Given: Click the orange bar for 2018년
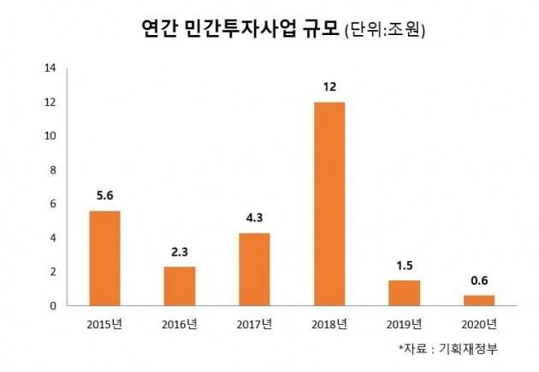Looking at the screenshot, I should pyautogui.click(x=329, y=204).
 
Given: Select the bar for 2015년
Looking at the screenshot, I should pyautogui.click(x=105, y=257).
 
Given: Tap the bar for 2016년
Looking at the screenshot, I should pyautogui.click(x=180, y=286).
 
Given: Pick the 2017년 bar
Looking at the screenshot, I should pyautogui.click(x=254, y=269).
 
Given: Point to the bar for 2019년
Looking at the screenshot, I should pyautogui.click(x=404, y=292).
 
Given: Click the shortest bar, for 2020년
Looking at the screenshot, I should pyautogui.click(x=478, y=300).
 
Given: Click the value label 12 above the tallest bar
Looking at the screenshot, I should pyautogui.click(x=329, y=87).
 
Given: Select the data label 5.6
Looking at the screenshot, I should pyautogui.click(x=105, y=195).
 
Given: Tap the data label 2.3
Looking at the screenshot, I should pyautogui.click(x=180, y=251).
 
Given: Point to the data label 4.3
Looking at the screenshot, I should pyautogui.click(x=254, y=218).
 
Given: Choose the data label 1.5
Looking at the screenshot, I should pyautogui.click(x=404, y=265).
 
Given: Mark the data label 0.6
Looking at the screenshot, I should pyautogui.click(x=478, y=280).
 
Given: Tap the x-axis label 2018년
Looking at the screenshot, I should pyautogui.click(x=329, y=323).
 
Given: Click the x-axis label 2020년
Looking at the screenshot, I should pyautogui.click(x=478, y=323).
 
